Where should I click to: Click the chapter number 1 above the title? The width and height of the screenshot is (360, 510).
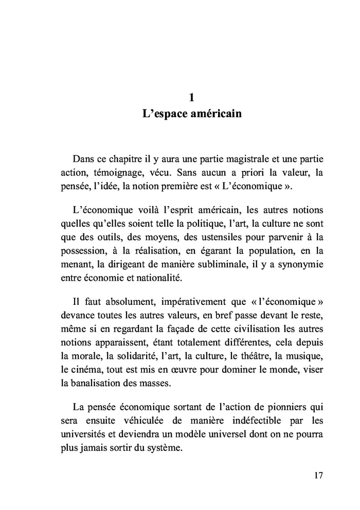(x=191, y=96)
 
